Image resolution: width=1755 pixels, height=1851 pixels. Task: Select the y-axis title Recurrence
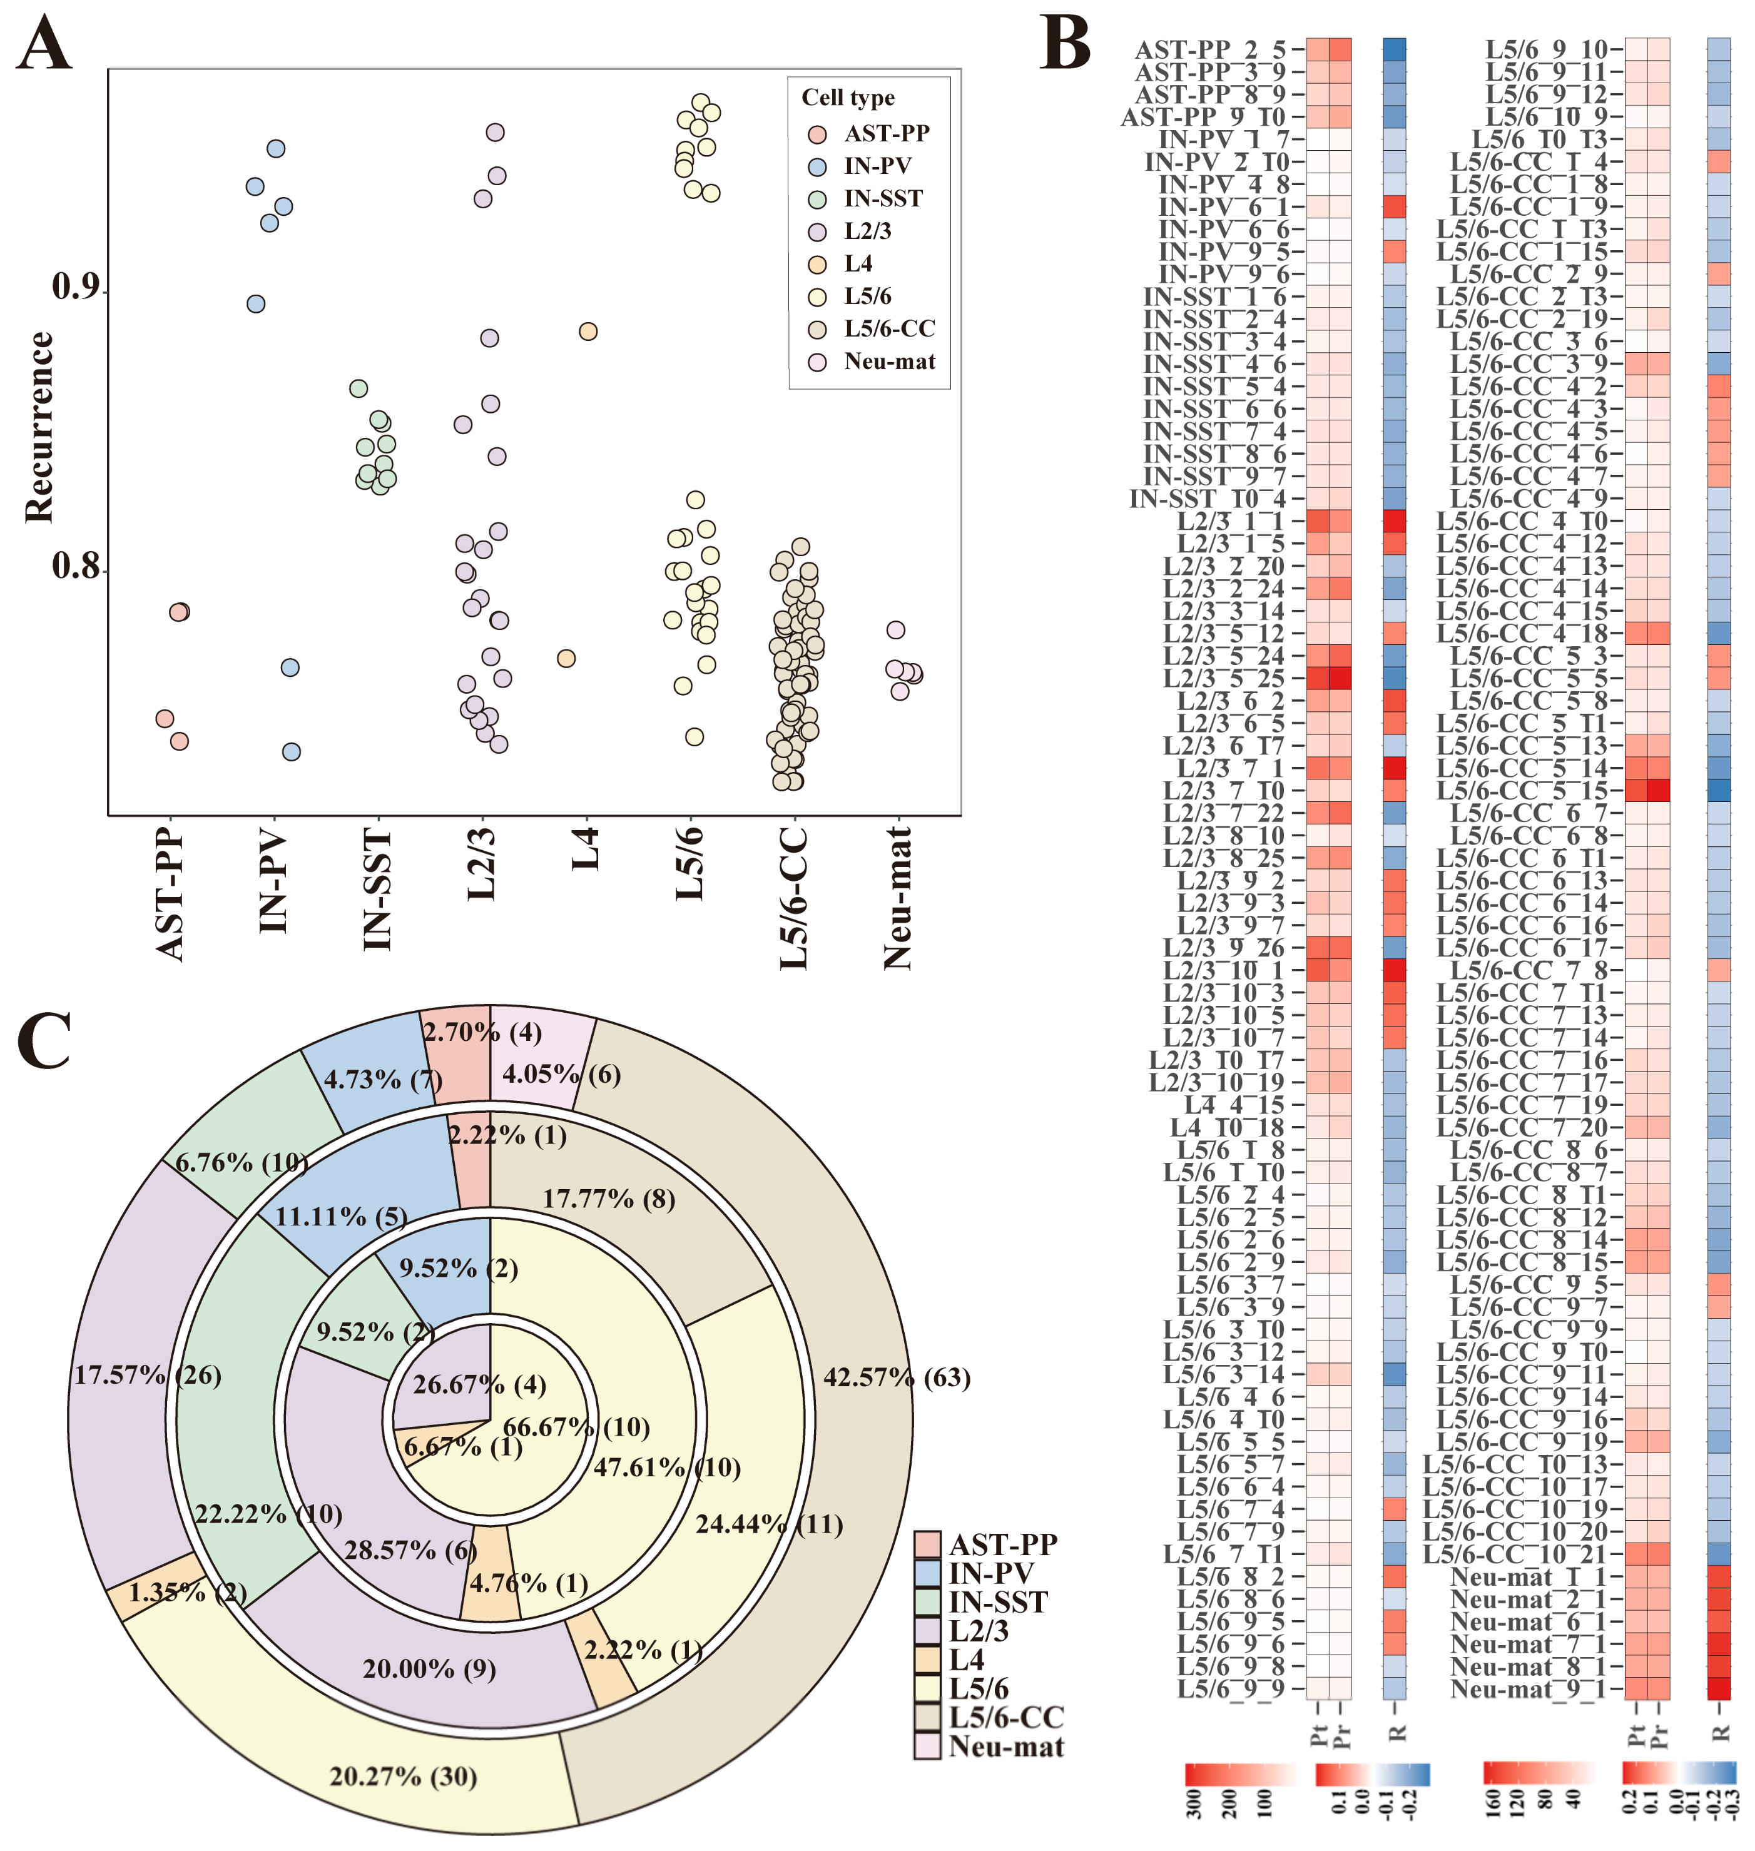click(x=39, y=427)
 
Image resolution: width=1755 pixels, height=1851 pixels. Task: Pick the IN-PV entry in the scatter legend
click(x=877, y=166)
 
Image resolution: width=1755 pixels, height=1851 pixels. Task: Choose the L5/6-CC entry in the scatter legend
click(x=888, y=328)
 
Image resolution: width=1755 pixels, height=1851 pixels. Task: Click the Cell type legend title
click(x=848, y=98)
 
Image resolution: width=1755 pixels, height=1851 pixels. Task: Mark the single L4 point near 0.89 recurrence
click(x=588, y=331)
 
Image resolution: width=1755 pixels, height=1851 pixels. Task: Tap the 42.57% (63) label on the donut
click(x=896, y=1377)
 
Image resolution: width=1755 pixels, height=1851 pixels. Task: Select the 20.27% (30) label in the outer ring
click(x=403, y=1775)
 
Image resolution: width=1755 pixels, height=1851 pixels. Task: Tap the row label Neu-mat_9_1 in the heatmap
click(x=1525, y=1688)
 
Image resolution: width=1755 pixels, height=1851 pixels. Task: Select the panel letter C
click(x=44, y=1039)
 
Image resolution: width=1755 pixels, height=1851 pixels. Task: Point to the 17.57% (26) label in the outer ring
click(x=148, y=1375)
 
